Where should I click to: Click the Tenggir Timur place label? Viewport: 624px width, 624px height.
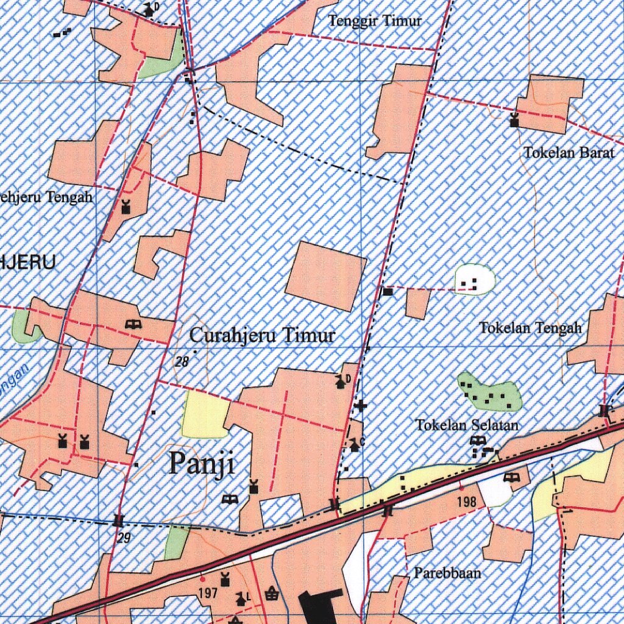coord(375,21)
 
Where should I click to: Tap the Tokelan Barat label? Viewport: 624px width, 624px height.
coord(569,153)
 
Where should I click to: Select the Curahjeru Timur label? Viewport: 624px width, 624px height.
coord(262,335)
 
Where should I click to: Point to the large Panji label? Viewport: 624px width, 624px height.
coord(202,464)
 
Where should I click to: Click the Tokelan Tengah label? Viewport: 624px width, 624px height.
coord(530,328)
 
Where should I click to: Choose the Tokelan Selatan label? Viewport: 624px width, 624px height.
coord(467,425)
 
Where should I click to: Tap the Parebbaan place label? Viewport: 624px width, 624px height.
coord(447,573)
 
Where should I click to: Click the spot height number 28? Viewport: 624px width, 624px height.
coord(182,362)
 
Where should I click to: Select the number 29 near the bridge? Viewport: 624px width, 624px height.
coord(124,538)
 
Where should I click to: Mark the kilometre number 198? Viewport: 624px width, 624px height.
coord(466,502)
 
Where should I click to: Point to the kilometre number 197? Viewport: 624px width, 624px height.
coord(208,592)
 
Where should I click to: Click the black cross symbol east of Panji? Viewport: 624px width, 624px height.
coord(361,405)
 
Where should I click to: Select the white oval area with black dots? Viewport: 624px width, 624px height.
coord(475,280)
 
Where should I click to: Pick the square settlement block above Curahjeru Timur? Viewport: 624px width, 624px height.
coord(325,275)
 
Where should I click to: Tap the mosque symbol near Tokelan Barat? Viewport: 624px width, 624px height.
coord(514,120)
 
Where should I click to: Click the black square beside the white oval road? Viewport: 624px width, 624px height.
coord(388,292)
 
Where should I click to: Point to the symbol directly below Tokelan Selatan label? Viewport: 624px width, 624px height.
coord(478,440)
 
